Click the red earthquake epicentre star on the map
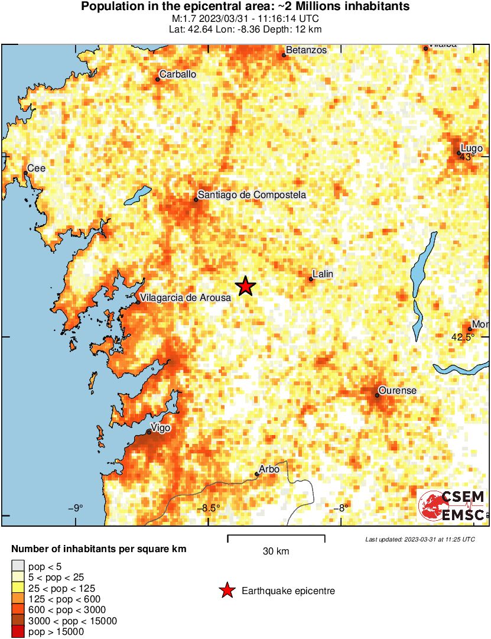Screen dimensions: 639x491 (246, 286)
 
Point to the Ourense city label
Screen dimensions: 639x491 (398, 391)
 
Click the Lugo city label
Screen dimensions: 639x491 (472, 148)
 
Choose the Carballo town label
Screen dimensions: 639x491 (178, 74)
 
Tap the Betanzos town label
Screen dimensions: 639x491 (306, 50)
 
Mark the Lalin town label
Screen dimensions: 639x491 (323, 274)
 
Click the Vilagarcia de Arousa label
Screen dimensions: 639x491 (186, 298)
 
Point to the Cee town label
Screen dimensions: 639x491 (37, 168)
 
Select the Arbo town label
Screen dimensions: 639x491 (270, 469)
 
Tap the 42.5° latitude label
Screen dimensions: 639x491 (463, 338)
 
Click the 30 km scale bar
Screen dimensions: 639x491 (276, 537)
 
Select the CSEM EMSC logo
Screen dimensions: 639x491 (452, 506)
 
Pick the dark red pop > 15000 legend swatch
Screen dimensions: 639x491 (18, 632)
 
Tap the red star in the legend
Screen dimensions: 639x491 (226, 591)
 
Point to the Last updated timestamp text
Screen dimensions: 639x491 (420, 539)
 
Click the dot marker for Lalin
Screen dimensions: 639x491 (311, 280)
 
